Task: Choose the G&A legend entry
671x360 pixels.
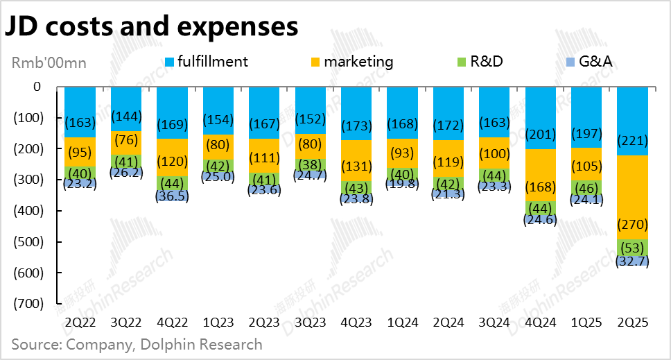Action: (592, 61)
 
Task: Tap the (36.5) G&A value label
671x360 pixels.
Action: (173, 196)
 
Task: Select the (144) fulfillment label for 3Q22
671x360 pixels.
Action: (126, 116)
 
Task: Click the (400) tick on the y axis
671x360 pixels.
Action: (28, 210)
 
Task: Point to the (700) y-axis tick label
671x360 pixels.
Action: (28, 303)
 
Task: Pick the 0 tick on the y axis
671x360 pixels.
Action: (37, 87)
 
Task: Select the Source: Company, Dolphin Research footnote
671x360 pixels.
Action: (137, 344)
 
